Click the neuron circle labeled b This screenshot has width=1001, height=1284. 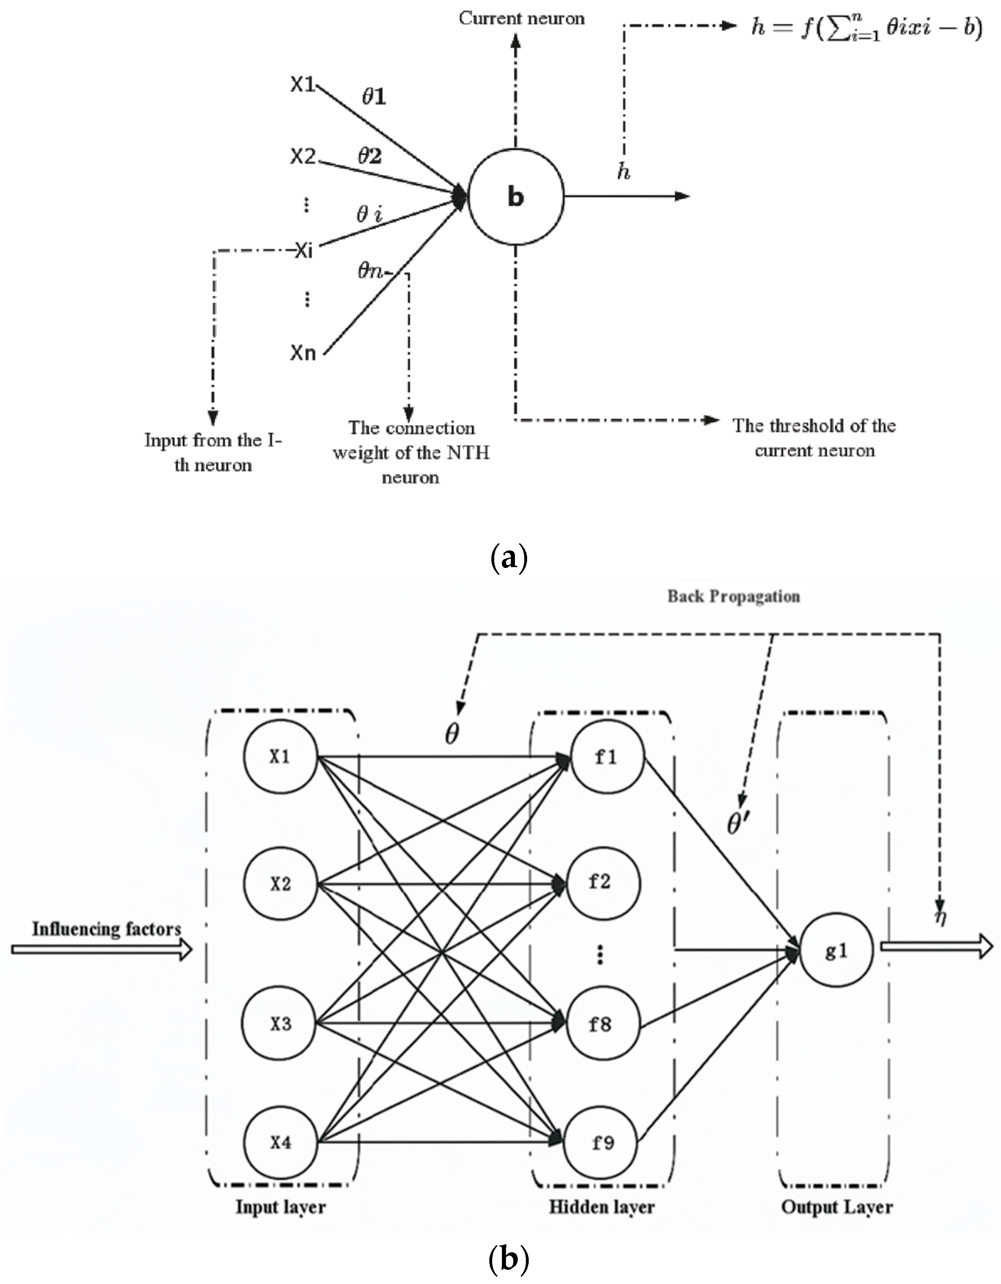click(x=516, y=197)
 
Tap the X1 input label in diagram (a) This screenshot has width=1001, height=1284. click(x=303, y=85)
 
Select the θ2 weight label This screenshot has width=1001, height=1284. click(x=370, y=156)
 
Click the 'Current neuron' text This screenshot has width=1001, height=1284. click(x=522, y=19)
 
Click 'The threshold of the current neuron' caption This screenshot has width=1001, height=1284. click(x=814, y=438)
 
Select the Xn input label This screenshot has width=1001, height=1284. click(x=303, y=353)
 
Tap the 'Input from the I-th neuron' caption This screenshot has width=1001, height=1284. click(x=213, y=452)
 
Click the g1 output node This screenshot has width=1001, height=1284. click(x=836, y=951)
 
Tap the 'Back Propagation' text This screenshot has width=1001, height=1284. click(x=733, y=596)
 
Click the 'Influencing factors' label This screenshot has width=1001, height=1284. click(x=106, y=930)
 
